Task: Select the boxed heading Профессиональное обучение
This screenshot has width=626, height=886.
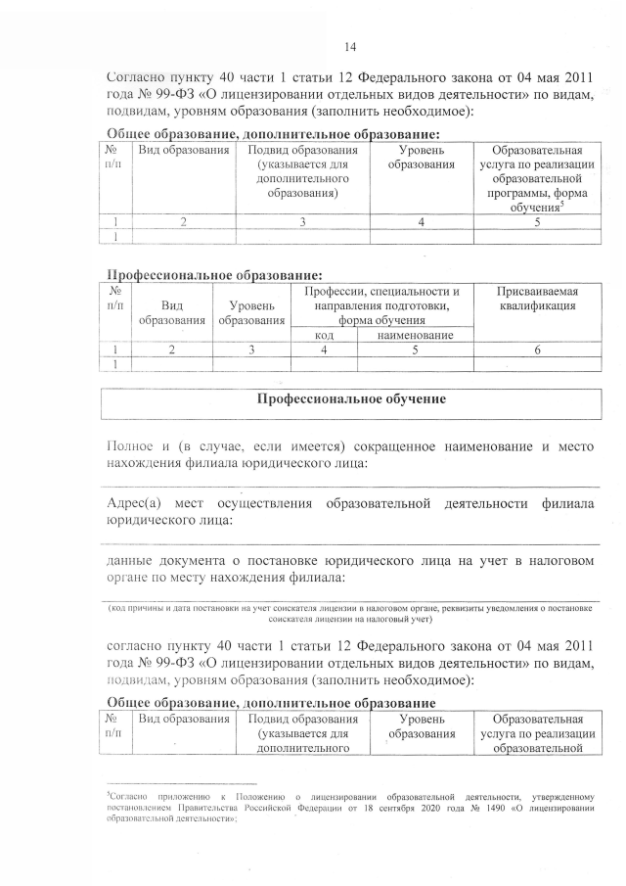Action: click(351, 399)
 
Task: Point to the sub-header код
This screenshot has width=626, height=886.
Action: click(325, 335)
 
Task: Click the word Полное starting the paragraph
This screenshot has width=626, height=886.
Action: click(129, 447)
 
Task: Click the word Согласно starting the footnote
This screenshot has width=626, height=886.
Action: click(128, 797)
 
